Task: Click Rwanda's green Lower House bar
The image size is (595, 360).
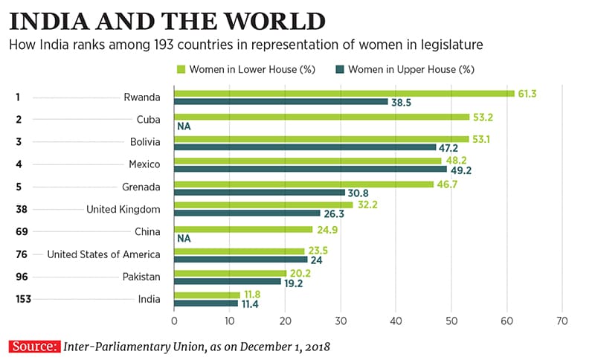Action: tap(344, 93)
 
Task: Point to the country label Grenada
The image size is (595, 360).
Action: tap(143, 186)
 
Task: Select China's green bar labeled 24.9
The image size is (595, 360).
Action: tap(242, 229)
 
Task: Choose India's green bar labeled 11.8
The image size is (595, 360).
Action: tap(206, 295)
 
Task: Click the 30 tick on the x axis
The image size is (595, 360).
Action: tap(341, 321)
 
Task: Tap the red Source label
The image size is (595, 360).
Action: tap(33, 347)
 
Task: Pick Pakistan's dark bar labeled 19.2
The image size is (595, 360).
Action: tap(228, 282)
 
